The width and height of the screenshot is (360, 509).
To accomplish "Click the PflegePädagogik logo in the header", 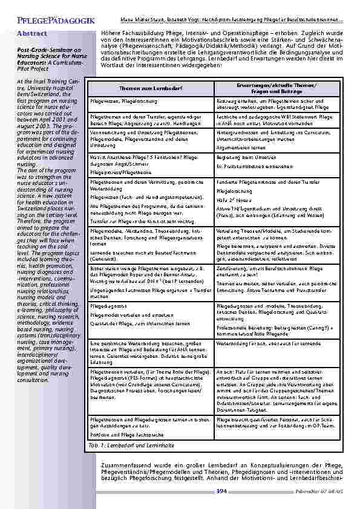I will click(x=48, y=21).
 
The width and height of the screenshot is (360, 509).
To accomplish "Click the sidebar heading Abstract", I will click(x=33, y=34).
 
